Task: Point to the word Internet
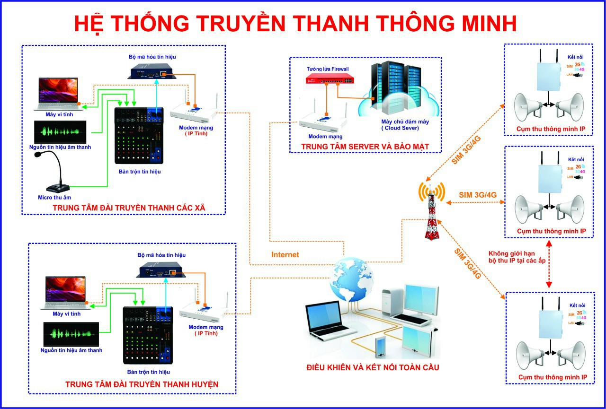pos(285,255)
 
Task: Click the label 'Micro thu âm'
pos(55,197)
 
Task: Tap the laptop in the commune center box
pos(56,95)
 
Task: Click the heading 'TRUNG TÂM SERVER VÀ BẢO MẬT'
pos(365,147)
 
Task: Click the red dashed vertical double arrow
pos(549,265)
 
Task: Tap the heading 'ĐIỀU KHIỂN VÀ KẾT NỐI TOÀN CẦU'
pos(373,367)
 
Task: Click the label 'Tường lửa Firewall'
pos(328,69)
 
